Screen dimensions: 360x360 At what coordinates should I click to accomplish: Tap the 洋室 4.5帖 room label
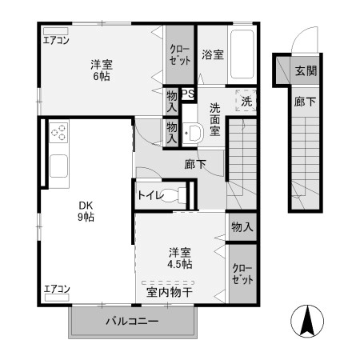click(178, 257)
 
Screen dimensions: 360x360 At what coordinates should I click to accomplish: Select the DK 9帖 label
click(86, 210)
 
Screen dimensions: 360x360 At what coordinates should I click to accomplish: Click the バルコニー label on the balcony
click(133, 322)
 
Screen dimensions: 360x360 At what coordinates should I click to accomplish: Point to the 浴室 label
click(212, 56)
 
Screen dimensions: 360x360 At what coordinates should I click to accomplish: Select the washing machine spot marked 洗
click(246, 102)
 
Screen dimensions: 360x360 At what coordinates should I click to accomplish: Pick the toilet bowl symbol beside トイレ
click(180, 194)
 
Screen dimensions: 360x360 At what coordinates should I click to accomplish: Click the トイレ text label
click(151, 194)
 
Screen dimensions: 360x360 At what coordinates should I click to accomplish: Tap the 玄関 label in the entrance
click(305, 70)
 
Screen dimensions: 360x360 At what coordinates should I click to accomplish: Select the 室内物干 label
click(169, 293)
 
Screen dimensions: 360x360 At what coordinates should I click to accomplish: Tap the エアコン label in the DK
click(56, 288)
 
